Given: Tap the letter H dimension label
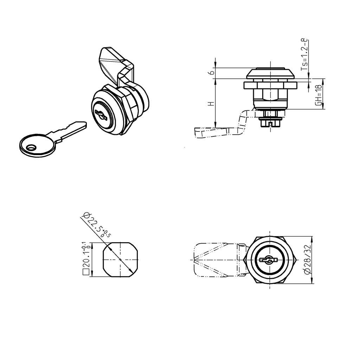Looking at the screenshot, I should coord(210,104).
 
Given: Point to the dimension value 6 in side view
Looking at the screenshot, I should coord(210,72).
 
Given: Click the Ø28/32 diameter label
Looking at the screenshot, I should coord(307,260).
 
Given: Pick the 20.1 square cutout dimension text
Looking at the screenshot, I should coord(85,256).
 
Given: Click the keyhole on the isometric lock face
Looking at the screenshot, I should coord(102,115).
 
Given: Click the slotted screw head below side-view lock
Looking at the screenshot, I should coord(270,123).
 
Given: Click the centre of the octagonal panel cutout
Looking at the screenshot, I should coord(120,259).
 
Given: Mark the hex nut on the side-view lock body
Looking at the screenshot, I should coord(270,85).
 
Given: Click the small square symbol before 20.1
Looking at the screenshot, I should coord(85,272).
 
